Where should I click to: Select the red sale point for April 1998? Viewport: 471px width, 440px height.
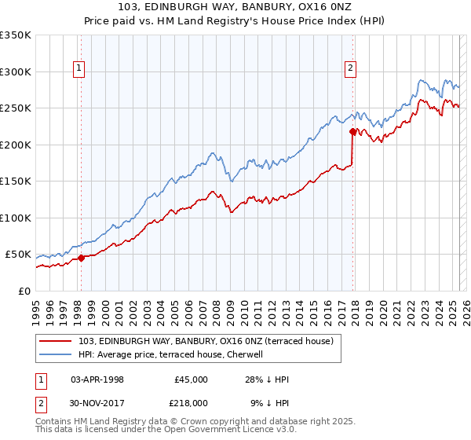click(x=81, y=258)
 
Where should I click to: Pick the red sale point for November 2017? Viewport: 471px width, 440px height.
click(x=353, y=131)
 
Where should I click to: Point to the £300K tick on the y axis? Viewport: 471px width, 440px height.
click(x=16, y=71)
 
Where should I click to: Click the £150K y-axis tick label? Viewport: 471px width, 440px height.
click(x=16, y=181)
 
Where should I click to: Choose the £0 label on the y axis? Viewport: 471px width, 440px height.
click(x=24, y=291)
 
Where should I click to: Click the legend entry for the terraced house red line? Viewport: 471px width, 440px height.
click(x=206, y=341)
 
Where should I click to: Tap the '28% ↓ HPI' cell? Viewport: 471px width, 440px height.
click(x=267, y=379)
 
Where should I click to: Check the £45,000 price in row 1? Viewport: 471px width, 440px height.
click(x=190, y=379)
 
